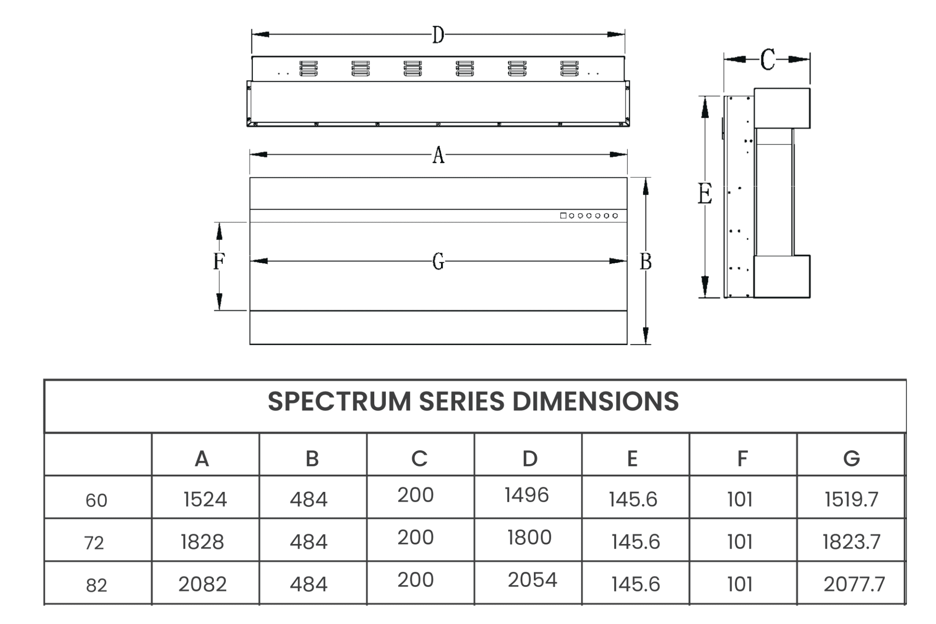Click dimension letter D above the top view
coord(438,35)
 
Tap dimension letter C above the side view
coord(767,59)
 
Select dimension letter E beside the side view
coord(704,194)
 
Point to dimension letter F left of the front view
coord(219,261)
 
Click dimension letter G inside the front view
coord(438,261)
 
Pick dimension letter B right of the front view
coord(645,261)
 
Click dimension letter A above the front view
coord(438,155)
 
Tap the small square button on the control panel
coord(563,216)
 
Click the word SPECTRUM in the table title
coord(339,402)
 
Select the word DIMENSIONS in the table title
coord(595,402)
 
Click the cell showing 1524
coord(205,499)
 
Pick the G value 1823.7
coord(851,542)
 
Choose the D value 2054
coord(532,580)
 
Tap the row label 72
coord(94,543)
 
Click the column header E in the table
coord(632,459)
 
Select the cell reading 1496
coord(526,495)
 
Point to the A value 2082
coord(202,585)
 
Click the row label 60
coord(96,501)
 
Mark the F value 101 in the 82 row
coord(739,585)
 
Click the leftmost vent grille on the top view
coord(308,69)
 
